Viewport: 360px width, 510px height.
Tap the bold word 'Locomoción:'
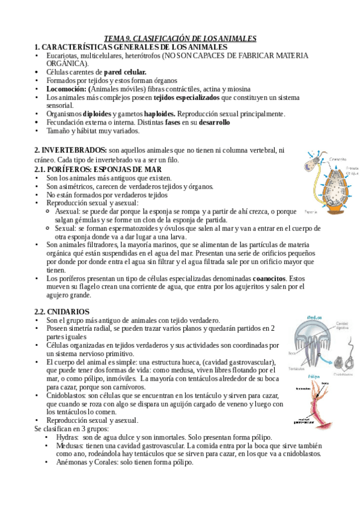pyautogui.click(x=67, y=89)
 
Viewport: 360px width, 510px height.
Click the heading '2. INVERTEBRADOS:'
pyautogui.click(x=70, y=149)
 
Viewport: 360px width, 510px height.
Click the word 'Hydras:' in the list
pyautogui.click(x=67, y=437)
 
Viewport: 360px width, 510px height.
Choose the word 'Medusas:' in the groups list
pyautogui.click(x=70, y=446)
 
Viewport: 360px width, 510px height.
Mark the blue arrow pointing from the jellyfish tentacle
pyautogui.click(x=328, y=354)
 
